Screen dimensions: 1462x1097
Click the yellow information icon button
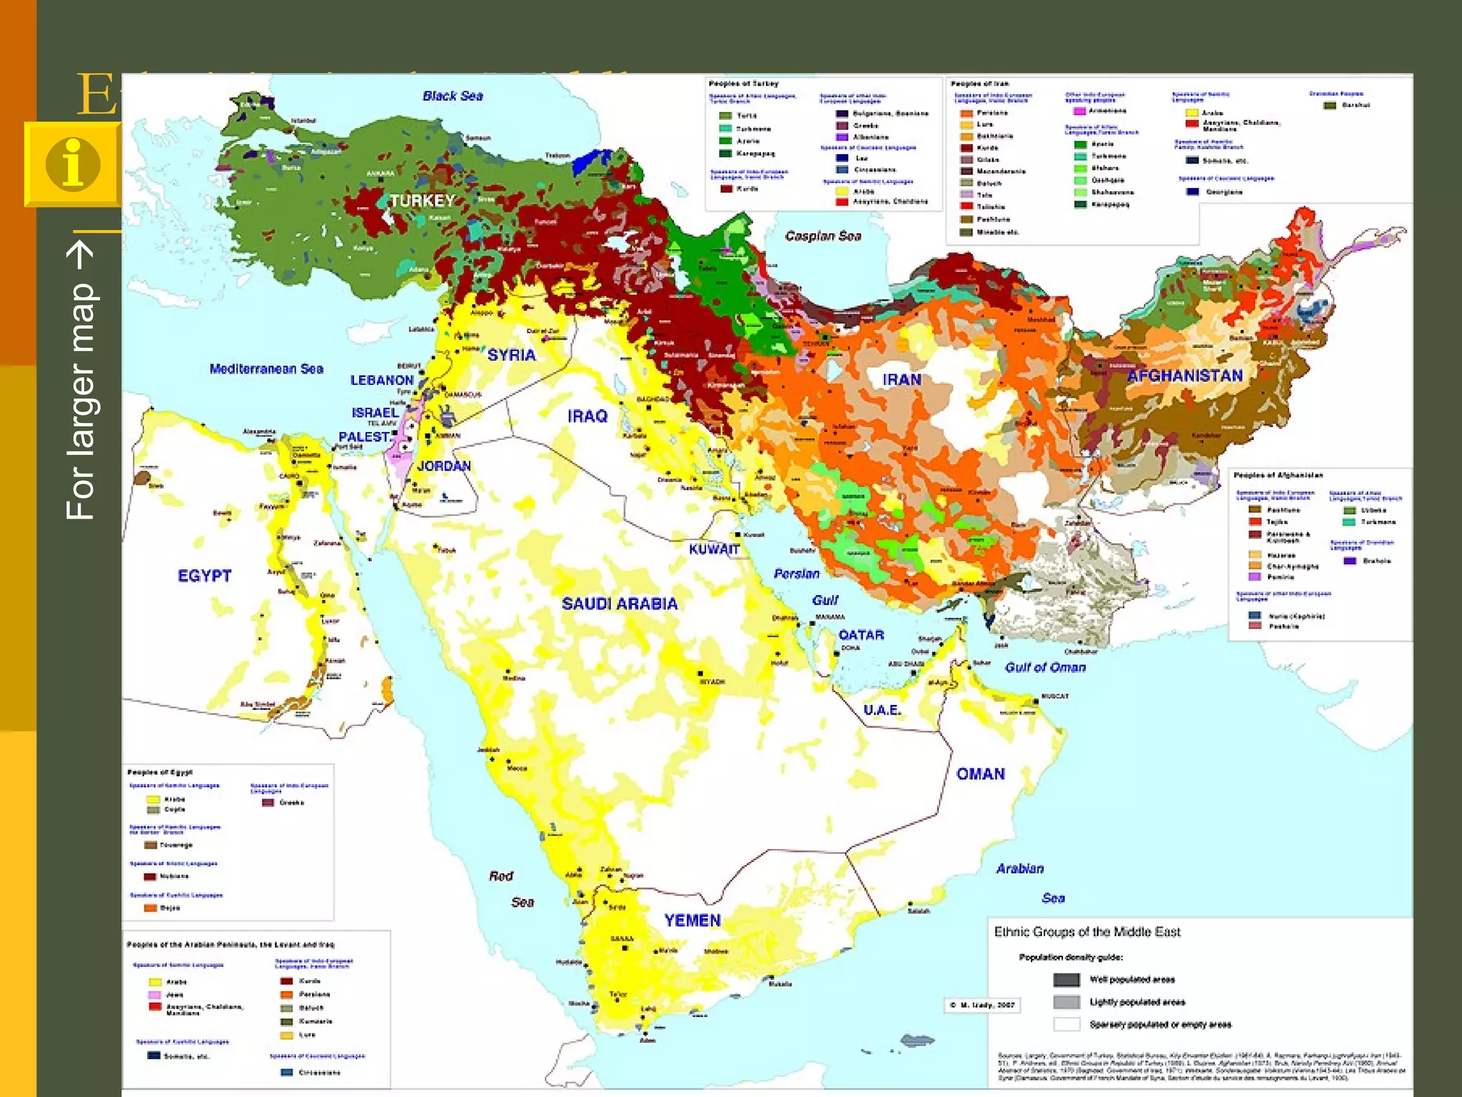point(73,164)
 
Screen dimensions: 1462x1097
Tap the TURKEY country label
point(422,200)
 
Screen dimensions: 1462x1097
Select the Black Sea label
point(453,96)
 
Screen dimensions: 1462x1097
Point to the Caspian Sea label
point(822,236)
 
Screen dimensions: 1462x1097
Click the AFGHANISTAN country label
point(1184,376)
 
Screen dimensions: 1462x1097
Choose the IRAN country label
point(902,379)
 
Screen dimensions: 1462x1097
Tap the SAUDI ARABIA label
point(619,603)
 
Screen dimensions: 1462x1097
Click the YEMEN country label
point(692,921)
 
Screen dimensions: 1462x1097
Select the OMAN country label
point(980,774)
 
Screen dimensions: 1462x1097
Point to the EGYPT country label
point(204,576)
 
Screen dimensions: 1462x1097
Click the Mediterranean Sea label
point(266,369)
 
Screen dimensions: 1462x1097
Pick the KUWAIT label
point(713,549)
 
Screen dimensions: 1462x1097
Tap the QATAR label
point(861,635)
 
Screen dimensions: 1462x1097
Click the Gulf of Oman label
point(1045,667)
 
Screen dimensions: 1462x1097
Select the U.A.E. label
point(882,710)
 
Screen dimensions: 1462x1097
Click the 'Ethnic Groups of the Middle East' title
point(1087,932)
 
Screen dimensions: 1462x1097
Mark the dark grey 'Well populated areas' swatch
point(1067,980)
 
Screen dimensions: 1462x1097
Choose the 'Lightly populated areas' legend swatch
point(1067,1002)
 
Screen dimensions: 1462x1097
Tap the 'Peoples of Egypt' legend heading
point(160,772)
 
